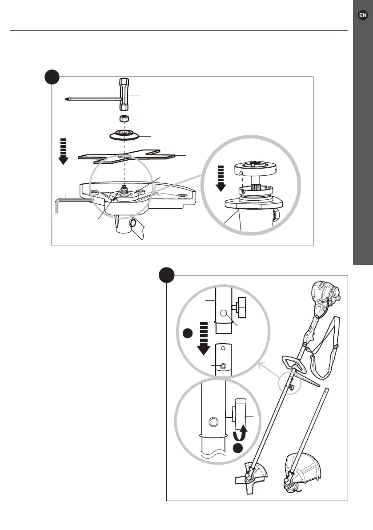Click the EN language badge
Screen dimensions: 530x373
(363, 15)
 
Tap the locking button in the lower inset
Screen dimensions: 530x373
(213, 421)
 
